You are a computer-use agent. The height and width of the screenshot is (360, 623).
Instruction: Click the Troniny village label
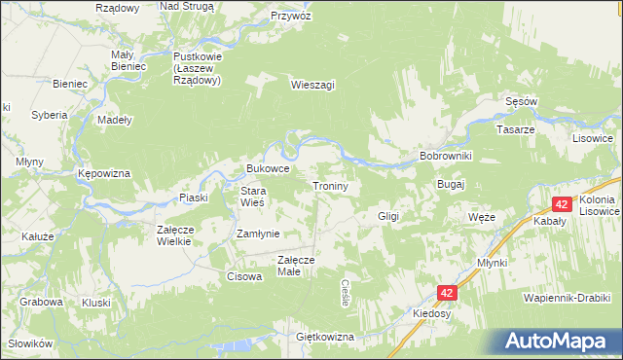tap(337, 185)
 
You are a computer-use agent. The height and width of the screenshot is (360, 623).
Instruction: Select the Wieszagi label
tap(312, 85)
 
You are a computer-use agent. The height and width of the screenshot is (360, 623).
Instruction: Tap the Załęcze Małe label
tap(295, 266)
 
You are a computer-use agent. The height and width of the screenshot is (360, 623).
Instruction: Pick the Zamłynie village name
tap(258, 234)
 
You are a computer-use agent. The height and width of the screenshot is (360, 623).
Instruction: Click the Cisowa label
tap(244, 276)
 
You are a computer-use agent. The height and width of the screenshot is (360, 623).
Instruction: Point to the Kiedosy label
tap(431, 314)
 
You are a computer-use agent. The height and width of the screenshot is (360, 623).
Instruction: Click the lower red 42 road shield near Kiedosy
tap(446, 292)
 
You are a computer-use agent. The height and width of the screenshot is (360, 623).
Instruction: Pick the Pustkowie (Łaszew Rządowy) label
tap(198, 68)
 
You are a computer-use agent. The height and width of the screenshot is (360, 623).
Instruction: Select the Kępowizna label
tap(104, 173)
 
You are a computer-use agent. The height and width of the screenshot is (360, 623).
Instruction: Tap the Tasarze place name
tap(516, 129)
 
